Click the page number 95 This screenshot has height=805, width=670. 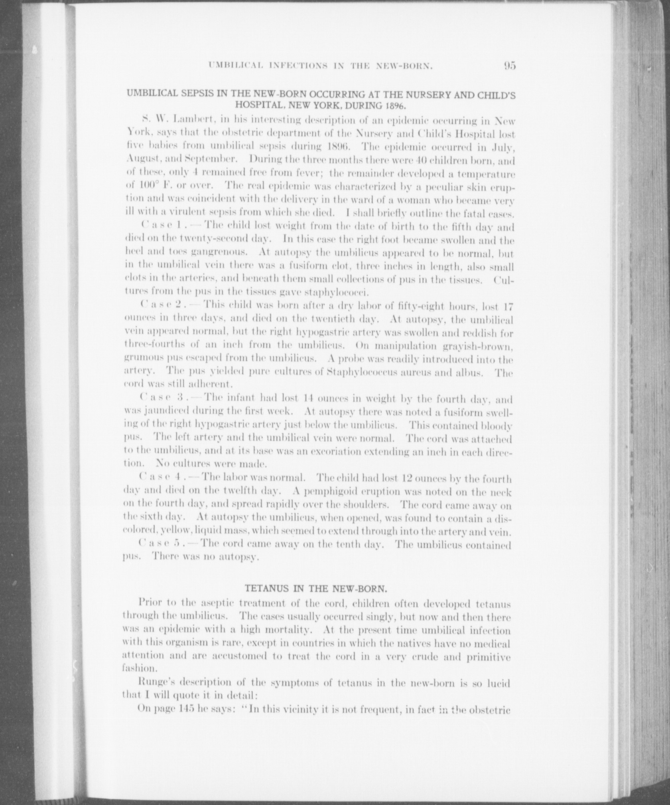tap(509, 65)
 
